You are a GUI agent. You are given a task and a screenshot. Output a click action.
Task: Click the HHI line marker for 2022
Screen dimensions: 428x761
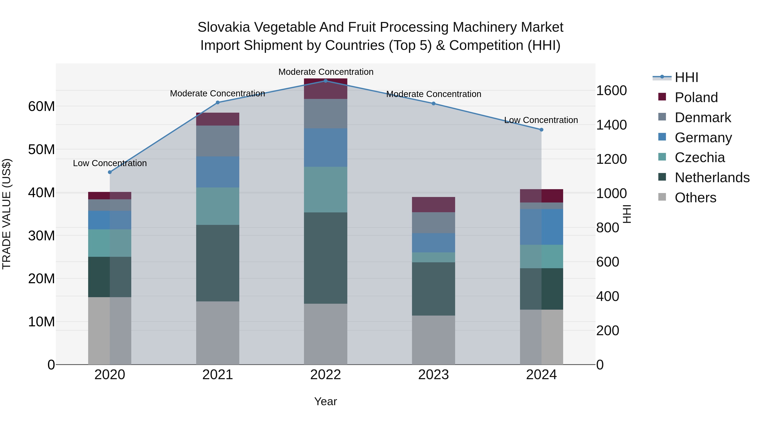coord(326,81)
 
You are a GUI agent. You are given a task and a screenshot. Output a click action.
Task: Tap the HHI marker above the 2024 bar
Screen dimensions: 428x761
coord(541,130)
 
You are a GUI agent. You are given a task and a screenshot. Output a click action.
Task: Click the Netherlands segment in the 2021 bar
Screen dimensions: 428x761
coord(218,263)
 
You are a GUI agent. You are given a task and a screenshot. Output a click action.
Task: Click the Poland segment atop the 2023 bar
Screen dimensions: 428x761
coord(433,204)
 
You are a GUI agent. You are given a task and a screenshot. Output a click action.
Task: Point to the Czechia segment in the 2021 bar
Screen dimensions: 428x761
coord(218,206)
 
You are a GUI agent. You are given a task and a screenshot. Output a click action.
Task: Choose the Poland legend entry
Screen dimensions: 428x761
coord(696,97)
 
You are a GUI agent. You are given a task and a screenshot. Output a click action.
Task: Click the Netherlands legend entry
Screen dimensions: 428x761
coord(712,178)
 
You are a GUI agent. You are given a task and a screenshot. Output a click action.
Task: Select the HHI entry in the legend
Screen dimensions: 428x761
coord(686,77)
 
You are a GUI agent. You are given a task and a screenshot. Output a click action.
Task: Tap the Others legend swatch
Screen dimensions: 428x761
coord(662,197)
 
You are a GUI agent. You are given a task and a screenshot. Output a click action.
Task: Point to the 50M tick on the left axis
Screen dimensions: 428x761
coord(41,149)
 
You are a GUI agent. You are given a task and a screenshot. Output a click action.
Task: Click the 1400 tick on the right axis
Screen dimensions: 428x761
coord(611,125)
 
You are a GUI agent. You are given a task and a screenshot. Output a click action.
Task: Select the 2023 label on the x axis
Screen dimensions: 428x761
coord(433,375)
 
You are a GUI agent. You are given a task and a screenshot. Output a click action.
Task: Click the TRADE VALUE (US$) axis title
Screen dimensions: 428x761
coord(7,214)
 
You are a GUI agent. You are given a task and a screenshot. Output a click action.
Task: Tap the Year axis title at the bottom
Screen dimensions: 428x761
coord(325,401)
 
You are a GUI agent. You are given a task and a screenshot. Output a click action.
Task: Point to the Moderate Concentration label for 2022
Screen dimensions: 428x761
coord(326,72)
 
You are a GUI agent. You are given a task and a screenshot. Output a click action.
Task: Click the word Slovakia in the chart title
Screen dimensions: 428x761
coord(224,27)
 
